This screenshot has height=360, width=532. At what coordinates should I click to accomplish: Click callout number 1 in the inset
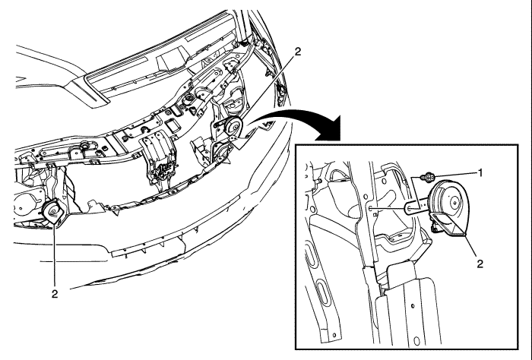480,173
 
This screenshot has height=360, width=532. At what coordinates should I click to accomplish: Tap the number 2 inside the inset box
480,264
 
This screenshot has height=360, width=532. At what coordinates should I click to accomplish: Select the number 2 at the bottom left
55,294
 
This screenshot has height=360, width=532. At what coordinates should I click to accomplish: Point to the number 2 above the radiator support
298,52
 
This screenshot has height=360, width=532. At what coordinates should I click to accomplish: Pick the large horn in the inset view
449,207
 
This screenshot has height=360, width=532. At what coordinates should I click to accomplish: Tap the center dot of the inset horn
454,203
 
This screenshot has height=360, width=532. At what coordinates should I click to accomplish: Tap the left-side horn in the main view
54,212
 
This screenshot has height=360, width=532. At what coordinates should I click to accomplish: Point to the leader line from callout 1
455,174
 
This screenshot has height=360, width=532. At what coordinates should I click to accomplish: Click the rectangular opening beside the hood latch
173,126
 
